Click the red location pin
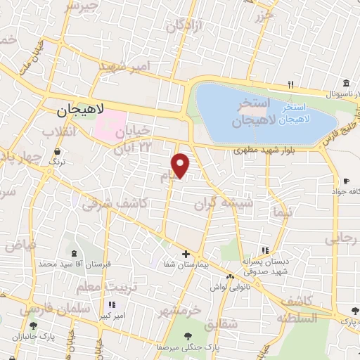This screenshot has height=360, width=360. click(x=181, y=165)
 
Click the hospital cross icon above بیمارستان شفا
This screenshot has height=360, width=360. click(x=186, y=254)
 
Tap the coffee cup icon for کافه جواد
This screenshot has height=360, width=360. click(x=346, y=181)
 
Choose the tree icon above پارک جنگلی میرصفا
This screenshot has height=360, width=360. click(x=189, y=335)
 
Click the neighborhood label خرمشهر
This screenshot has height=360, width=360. click(x=180, y=309)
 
